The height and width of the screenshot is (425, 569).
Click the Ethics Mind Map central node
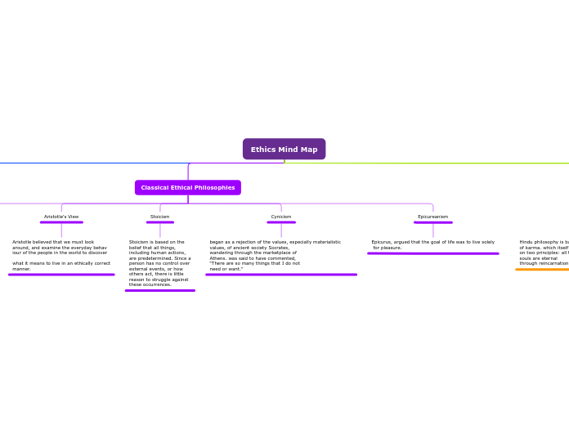pyautogui.click(x=284, y=149)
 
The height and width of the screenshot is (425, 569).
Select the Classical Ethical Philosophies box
pyautogui.click(x=188, y=187)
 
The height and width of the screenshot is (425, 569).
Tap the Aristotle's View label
pyautogui.click(x=61, y=217)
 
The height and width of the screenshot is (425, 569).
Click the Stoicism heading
pyautogui.click(x=160, y=217)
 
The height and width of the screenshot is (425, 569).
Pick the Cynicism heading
pyautogui.click(x=281, y=217)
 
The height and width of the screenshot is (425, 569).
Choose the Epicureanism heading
pyautogui.click(x=432, y=217)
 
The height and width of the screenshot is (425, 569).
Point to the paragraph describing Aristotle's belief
pyautogui.click(x=61, y=255)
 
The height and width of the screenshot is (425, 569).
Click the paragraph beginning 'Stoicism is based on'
pyautogui.click(x=160, y=263)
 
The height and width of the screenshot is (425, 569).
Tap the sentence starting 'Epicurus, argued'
pyautogui.click(x=432, y=244)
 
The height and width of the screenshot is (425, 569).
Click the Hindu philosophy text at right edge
pyautogui.click(x=544, y=253)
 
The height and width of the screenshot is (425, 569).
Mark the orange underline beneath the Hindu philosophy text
pyautogui.click(x=543, y=269)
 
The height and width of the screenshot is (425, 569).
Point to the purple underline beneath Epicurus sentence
pyautogui.click(x=432, y=253)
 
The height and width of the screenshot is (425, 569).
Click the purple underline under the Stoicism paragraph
pyautogui.click(x=160, y=290)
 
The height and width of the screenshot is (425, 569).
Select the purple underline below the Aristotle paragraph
pyautogui.click(x=61, y=275)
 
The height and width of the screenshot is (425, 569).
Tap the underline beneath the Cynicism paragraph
pyautogui.click(x=281, y=275)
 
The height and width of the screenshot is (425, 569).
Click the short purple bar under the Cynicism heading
pyautogui.click(x=281, y=222)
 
